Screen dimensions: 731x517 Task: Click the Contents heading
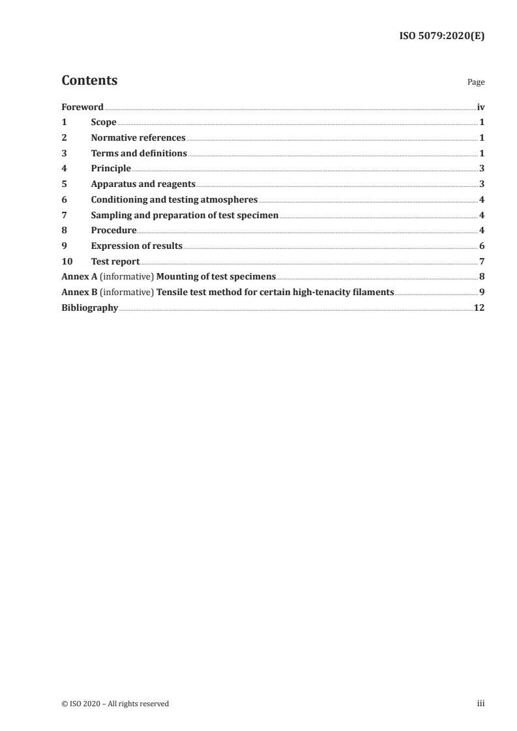[89, 81]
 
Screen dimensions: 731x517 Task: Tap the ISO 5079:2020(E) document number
[441, 36]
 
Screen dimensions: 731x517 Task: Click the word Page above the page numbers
[476, 83]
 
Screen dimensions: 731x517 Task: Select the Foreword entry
[82, 107]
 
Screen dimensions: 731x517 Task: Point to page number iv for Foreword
[480, 107]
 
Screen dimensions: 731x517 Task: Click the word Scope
[104, 122]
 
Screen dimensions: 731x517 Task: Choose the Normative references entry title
[138, 138]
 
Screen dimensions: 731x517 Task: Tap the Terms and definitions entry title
[139, 154]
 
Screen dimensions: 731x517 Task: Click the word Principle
[111, 169]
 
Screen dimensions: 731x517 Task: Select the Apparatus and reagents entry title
[143, 184]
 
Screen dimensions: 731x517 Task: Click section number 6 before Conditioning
[64, 200]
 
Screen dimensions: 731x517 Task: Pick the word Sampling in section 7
[111, 215]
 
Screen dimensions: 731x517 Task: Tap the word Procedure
[113, 231]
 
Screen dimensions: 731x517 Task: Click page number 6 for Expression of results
[482, 246]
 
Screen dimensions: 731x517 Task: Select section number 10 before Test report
[66, 261]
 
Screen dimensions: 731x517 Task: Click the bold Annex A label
[78, 277]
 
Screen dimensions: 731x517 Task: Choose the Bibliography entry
[89, 308]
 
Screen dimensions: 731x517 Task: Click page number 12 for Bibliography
[479, 308]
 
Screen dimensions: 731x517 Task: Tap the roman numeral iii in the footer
[481, 704]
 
